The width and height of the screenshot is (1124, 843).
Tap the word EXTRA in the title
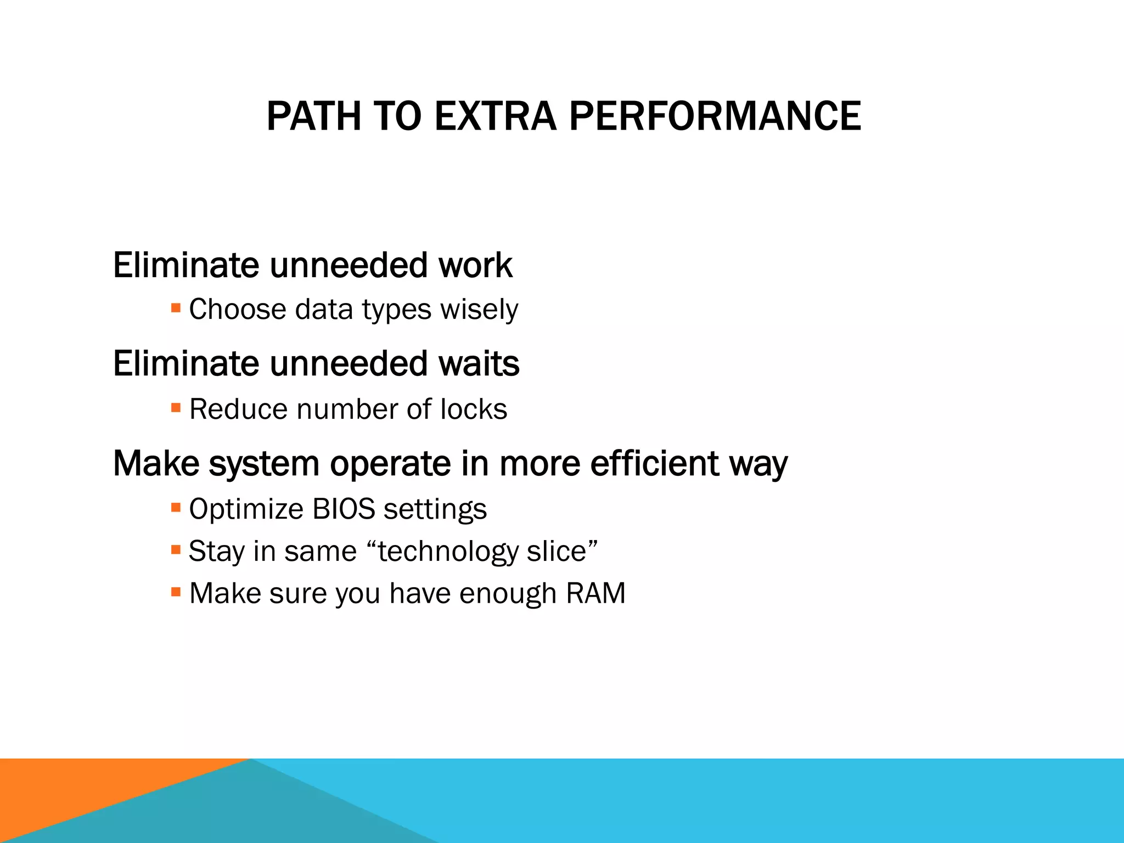(495, 116)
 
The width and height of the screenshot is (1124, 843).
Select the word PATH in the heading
(313, 116)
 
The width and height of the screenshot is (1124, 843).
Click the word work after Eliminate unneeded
(475, 265)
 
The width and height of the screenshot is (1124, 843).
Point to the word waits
(479, 364)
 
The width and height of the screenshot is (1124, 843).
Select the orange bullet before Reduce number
(176, 407)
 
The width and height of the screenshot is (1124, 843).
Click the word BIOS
(344, 509)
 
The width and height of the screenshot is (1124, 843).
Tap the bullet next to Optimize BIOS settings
(176, 507)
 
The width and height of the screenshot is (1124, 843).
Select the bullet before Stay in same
(176, 549)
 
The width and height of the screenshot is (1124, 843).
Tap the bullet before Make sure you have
(176, 592)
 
